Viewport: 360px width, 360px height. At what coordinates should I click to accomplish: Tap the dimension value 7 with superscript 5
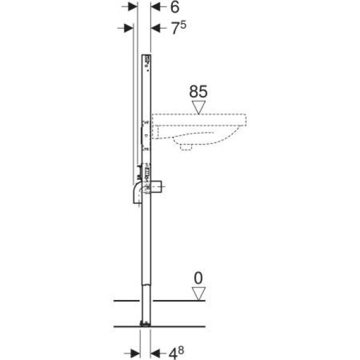[179, 28]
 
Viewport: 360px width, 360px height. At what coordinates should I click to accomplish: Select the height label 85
[198, 91]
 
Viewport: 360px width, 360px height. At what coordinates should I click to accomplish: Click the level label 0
[198, 278]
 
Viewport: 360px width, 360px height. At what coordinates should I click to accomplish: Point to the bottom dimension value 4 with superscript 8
[176, 353]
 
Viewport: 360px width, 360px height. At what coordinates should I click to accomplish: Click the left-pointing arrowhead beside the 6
[155, 7]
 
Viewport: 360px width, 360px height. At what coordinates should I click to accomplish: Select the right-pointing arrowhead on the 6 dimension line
[133, 7]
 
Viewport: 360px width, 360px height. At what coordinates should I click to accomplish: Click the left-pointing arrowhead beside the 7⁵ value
[155, 28]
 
